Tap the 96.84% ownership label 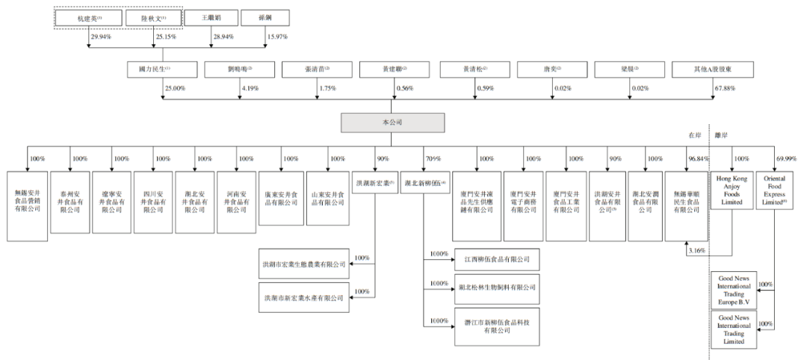coord(695,158)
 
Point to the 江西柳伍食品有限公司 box coord(497,258)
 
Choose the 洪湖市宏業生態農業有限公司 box coord(303,264)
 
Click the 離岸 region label coord(722,136)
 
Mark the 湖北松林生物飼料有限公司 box coord(497,286)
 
